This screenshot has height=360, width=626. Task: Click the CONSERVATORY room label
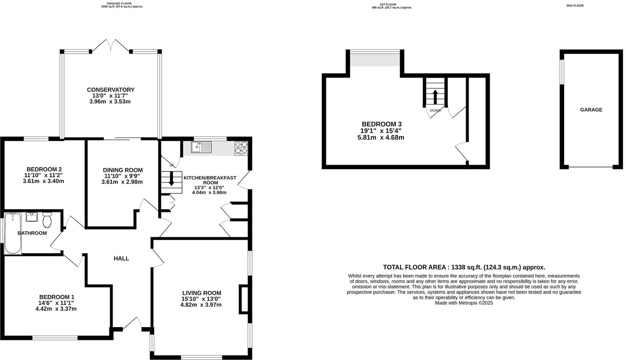[110, 90]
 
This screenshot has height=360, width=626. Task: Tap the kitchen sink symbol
[201, 147]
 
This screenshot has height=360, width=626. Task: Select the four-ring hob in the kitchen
[241, 148]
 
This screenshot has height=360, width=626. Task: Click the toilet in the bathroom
[47, 220]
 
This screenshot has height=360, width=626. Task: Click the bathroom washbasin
[32, 217]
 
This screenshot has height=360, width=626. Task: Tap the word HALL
[121, 259]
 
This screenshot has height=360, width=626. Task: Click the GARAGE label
[591, 110]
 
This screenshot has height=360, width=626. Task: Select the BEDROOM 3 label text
[381, 124]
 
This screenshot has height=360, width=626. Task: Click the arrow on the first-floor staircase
[435, 96]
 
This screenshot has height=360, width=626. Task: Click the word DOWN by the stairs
[435, 110]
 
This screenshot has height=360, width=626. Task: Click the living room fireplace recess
[244, 299]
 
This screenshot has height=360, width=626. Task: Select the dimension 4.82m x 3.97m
[201, 305]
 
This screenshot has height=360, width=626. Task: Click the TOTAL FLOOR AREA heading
[464, 267]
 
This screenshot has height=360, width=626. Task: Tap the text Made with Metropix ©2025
[464, 303]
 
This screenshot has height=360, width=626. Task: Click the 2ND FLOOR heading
[575, 6]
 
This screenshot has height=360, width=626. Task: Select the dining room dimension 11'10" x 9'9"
[122, 176]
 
